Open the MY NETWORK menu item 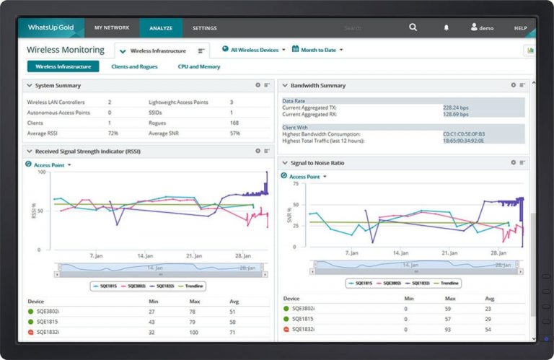112,28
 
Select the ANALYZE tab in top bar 161,28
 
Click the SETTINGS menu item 204,28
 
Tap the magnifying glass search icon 413,27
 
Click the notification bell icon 446,28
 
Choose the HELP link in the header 520,28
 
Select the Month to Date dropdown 321,50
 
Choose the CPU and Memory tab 199,66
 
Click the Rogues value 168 235,123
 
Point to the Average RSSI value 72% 113,133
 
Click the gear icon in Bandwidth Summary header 512,85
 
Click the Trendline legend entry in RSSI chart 193,286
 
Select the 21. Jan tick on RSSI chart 194,255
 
